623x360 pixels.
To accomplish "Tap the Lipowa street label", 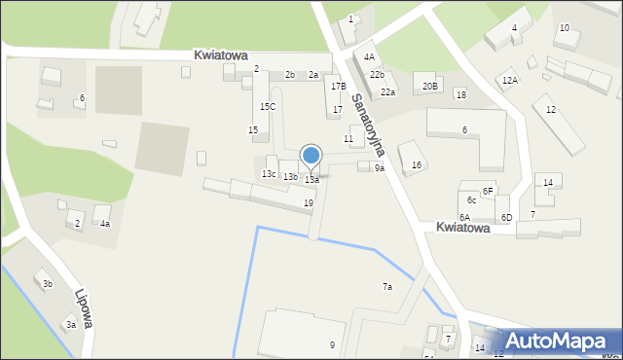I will (83, 307).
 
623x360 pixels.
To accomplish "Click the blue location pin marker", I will (311, 157).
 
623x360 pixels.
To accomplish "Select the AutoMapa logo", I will (556, 341).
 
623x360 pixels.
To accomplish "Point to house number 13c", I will (269, 173).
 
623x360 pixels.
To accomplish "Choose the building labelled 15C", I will (267, 106).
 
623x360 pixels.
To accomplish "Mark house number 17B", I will (338, 87).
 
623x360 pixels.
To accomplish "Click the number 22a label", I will (387, 91).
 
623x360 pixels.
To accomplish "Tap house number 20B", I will (430, 86).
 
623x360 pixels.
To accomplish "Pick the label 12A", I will (510, 81).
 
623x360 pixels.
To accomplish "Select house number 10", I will (564, 28).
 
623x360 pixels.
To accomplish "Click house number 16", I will (417, 165).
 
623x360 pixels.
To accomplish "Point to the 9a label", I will (380, 168).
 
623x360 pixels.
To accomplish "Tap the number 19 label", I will (309, 202).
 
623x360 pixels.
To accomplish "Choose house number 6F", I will (488, 192).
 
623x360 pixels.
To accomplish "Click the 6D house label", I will (506, 217).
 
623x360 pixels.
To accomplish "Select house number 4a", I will (104, 224).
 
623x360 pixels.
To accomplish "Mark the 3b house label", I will (47, 284).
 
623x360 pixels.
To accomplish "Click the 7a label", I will (386, 287).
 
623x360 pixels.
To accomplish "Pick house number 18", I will (460, 94).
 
